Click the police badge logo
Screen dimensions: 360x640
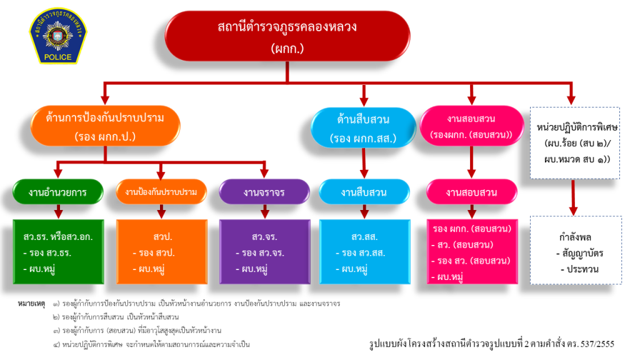pyautogui.click(x=59, y=36)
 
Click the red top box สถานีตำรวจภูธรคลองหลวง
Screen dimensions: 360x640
pyautogui.click(x=287, y=36)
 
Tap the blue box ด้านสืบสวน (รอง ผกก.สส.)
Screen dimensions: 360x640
pyautogui.click(x=363, y=127)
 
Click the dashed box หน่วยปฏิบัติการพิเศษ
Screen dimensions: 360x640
pyautogui.click(x=577, y=143)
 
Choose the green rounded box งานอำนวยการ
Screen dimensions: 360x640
pyautogui.click(x=57, y=192)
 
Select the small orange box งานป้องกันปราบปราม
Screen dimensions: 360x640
pyautogui.click(x=161, y=192)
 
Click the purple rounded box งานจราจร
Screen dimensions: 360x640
pyautogui.click(x=264, y=192)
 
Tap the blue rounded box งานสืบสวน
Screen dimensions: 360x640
pyautogui.click(x=363, y=192)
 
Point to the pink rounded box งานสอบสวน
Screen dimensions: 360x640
pyautogui.click(x=472, y=192)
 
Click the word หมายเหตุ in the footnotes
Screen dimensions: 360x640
pyautogui.click(x=31, y=304)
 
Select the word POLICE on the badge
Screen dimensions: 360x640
pyautogui.click(x=59, y=57)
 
